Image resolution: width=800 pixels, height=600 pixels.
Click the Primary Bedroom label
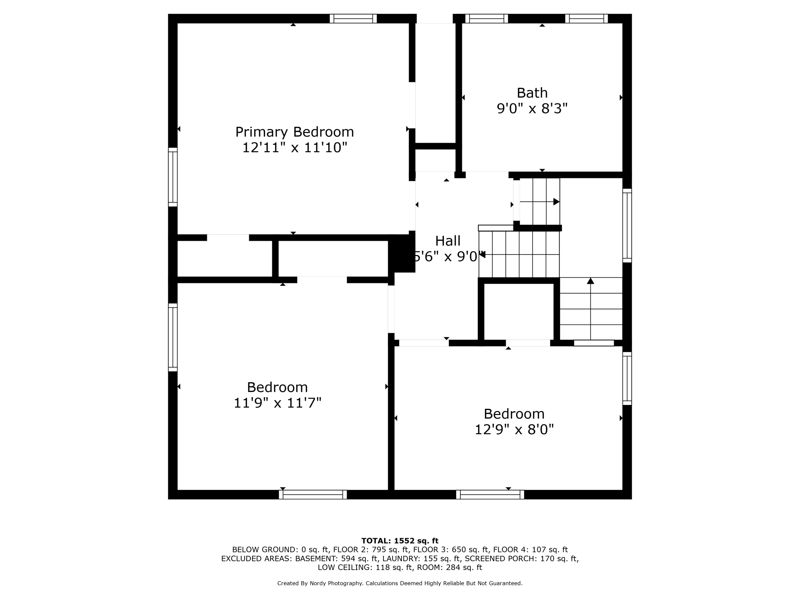(x=294, y=132)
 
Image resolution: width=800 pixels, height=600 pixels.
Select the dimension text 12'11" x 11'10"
(x=294, y=148)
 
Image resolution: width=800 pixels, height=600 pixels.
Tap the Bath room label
(x=532, y=93)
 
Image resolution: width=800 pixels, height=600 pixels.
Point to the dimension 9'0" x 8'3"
(x=532, y=109)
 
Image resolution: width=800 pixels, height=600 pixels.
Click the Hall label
(x=448, y=241)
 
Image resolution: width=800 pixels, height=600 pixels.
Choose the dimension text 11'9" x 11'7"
(x=277, y=403)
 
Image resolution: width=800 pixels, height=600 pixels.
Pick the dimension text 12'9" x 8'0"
(x=514, y=430)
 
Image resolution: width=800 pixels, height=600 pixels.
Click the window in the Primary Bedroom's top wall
(x=353, y=18)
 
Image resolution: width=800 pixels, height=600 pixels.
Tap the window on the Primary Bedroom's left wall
(x=173, y=177)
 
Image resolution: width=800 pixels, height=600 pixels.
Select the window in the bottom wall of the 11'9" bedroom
(x=313, y=495)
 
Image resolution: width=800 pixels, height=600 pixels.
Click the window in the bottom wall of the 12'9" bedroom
(x=490, y=495)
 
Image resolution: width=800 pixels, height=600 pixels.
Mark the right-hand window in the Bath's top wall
(x=586, y=18)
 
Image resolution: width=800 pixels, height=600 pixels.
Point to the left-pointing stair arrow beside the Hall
(x=482, y=254)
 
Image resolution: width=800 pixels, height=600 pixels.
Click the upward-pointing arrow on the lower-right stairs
(x=590, y=281)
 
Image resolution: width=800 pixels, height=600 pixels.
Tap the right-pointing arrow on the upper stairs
(x=556, y=202)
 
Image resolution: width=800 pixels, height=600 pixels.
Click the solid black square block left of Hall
(x=402, y=254)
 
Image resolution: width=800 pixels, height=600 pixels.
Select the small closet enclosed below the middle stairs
(x=518, y=312)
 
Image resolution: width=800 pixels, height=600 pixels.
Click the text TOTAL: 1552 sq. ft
(x=400, y=541)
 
